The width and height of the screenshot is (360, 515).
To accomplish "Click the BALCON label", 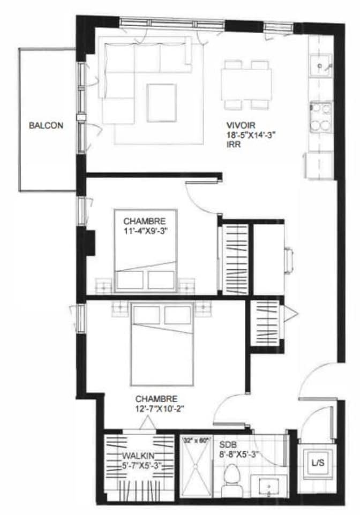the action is coord(46,125).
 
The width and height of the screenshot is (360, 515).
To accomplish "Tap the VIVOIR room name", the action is coord(241,125).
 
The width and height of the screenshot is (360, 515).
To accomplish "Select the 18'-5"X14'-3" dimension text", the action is coord(251,135).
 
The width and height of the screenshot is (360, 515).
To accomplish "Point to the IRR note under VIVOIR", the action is coord(234,145).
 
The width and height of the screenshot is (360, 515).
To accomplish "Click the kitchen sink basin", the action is coord(320,66).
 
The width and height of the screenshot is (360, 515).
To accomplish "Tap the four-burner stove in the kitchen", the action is coord(320,117).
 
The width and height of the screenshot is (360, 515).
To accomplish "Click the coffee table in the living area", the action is coord(161,103).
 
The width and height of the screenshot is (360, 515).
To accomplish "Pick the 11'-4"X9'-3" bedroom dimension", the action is coord(145,230).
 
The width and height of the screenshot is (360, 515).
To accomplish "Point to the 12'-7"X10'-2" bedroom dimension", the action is coord(160,409).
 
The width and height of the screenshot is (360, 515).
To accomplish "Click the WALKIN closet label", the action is coord(138,456).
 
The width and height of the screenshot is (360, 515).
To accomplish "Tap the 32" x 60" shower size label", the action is coord(196,441).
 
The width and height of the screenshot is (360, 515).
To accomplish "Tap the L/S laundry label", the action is coord(318,463).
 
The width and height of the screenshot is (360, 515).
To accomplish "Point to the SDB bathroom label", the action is coord(226,445).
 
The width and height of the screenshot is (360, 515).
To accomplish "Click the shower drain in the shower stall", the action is coord(196,465).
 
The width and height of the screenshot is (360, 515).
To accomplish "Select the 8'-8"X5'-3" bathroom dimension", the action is coord(239,455).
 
